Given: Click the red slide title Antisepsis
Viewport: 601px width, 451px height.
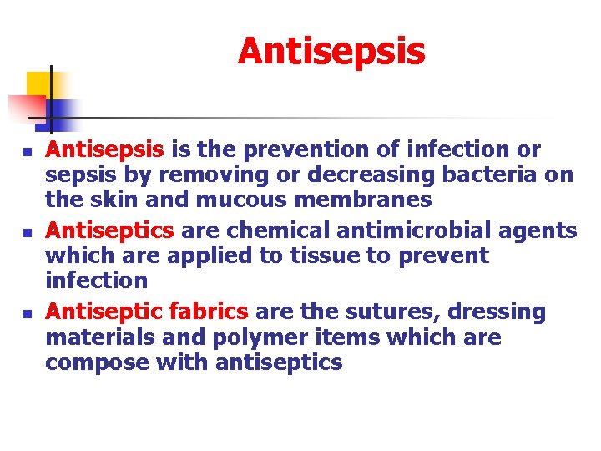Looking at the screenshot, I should pos(331,51).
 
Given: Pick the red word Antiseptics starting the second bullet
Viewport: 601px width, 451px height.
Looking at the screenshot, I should pos(109,230).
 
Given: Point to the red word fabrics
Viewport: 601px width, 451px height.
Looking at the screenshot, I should pos(208,312).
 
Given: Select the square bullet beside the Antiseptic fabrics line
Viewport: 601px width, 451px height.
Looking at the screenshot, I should pos(28,315).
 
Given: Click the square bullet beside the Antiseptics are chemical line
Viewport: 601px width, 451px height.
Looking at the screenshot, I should pos(28,232).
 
